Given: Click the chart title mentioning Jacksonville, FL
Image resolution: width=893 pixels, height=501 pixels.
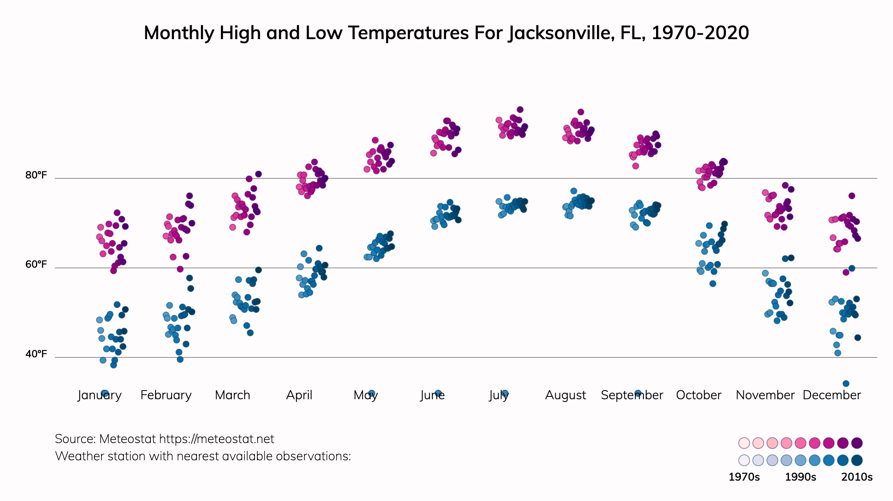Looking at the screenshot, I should click(446, 33).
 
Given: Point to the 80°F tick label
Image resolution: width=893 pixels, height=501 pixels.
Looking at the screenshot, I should click(36, 175).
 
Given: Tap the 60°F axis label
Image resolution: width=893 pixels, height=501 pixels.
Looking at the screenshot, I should click(36, 264).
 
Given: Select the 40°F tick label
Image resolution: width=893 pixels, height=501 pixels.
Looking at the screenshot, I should click(36, 354).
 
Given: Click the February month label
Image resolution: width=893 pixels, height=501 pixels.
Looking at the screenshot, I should click(166, 395).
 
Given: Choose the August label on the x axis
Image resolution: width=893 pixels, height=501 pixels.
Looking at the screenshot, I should click(566, 395).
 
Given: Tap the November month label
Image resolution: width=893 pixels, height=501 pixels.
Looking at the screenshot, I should click(765, 395).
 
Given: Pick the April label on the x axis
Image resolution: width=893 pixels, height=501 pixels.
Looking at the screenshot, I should click(299, 395).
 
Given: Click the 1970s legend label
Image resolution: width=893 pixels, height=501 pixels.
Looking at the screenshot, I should click(744, 477).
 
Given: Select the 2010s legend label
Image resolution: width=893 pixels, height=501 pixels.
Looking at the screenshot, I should click(857, 477).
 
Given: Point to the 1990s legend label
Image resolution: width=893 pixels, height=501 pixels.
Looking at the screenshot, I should click(801, 477).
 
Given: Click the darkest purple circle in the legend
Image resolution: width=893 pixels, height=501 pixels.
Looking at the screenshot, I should click(857, 443).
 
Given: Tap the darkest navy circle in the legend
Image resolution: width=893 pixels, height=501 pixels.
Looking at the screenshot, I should click(857, 460).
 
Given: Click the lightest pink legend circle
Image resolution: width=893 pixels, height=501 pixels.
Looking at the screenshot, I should click(744, 443).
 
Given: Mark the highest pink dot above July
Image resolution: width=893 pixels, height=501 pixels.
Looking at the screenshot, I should click(520, 110).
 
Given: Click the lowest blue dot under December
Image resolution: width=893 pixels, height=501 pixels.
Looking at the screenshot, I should click(846, 384).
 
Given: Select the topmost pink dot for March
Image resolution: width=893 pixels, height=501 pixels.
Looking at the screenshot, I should click(258, 174).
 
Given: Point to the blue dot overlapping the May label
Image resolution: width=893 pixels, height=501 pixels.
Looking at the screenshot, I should click(372, 393).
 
